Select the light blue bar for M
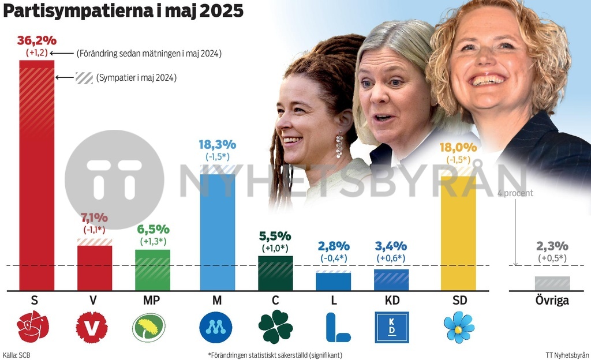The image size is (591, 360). point(217,231)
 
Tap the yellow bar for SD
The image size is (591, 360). point(458,231)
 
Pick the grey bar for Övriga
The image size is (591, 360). point(552,283)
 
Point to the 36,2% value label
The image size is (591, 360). point(37,41)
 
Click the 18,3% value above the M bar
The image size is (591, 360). point(217,145)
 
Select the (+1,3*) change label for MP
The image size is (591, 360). point(153,241)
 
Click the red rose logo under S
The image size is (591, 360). point(33,327)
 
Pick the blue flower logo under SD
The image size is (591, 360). point(459,327)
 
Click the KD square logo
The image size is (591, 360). point(392,327)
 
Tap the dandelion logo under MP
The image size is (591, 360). point(148,327)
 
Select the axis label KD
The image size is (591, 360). point(392,301)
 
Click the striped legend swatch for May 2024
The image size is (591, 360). point(84,78)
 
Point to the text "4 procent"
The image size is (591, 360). point(515,193)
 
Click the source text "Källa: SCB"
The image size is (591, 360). point(16,355)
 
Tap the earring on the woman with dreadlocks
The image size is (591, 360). point(339,145)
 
